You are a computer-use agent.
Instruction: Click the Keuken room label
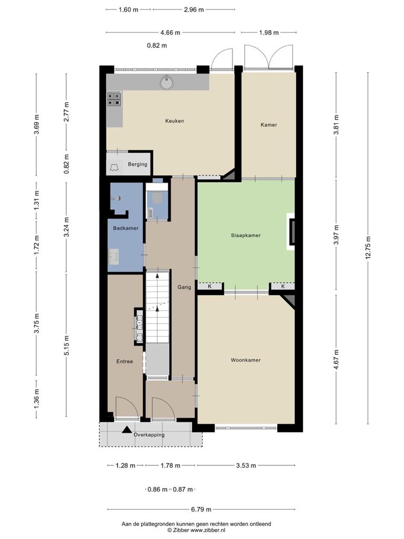(x=175, y=121)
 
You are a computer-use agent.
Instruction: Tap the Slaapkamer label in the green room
(x=246, y=235)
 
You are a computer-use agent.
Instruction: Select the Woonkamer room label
(x=246, y=360)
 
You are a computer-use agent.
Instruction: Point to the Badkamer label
(x=126, y=228)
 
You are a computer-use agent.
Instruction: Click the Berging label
(x=137, y=164)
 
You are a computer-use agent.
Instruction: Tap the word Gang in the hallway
(x=184, y=287)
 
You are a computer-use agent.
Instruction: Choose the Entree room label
(x=124, y=362)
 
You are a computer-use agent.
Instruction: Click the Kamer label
(x=269, y=125)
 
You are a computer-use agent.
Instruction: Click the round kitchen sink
(x=166, y=83)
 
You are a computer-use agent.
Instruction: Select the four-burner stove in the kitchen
(x=114, y=98)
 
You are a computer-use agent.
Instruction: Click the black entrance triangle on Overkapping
(x=127, y=430)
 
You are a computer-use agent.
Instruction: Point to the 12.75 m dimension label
(x=368, y=247)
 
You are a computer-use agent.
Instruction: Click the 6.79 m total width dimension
(x=201, y=510)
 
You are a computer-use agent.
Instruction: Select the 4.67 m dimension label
(x=336, y=360)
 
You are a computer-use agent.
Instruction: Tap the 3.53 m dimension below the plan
(x=246, y=465)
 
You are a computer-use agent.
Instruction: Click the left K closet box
(x=210, y=286)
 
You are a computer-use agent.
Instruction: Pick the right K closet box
(x=283, y=286)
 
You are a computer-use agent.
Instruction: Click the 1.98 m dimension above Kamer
(x=269, y=33)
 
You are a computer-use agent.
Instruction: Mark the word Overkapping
(x=149, y=435)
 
